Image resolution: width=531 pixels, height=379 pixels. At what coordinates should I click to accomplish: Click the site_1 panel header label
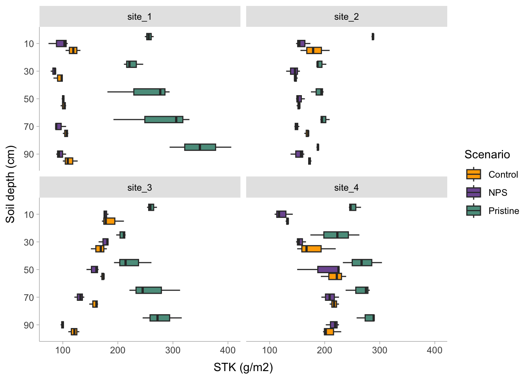(x=139, y=17)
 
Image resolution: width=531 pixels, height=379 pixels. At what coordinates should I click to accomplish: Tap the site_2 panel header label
(x=346, y=17)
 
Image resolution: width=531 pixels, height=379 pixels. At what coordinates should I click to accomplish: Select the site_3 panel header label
(x=139, y=188)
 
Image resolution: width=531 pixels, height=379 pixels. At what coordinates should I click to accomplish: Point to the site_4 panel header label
(x=346, y=188)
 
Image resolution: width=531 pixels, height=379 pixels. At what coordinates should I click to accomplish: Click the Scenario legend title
(x=487, y=154)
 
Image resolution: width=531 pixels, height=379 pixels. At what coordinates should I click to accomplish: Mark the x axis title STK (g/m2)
(x=243, y=368)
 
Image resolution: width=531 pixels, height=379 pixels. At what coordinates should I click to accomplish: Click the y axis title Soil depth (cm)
(x=10, y=184)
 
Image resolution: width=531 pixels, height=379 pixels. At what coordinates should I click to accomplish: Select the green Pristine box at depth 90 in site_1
(x=200, y=147)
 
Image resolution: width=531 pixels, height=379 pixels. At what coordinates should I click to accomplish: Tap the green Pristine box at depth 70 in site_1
(x=164, y=120)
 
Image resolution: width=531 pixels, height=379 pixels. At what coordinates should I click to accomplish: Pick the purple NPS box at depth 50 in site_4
(x=328, y=270)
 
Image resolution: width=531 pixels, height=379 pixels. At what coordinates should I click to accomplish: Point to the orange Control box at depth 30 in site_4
(x=311, y=249)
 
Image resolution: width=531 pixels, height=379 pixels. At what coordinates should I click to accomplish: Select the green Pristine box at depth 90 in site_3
(x=160, y=318)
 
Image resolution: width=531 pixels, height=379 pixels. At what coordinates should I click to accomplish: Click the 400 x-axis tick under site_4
(x=435, y=350)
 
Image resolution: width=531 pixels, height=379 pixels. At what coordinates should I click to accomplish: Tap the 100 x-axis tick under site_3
(x=63, y=350)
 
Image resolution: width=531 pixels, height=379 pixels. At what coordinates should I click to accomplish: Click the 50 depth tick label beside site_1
(x=29, y=99)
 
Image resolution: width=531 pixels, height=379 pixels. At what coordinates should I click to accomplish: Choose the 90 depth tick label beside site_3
(x=29, y=325)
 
